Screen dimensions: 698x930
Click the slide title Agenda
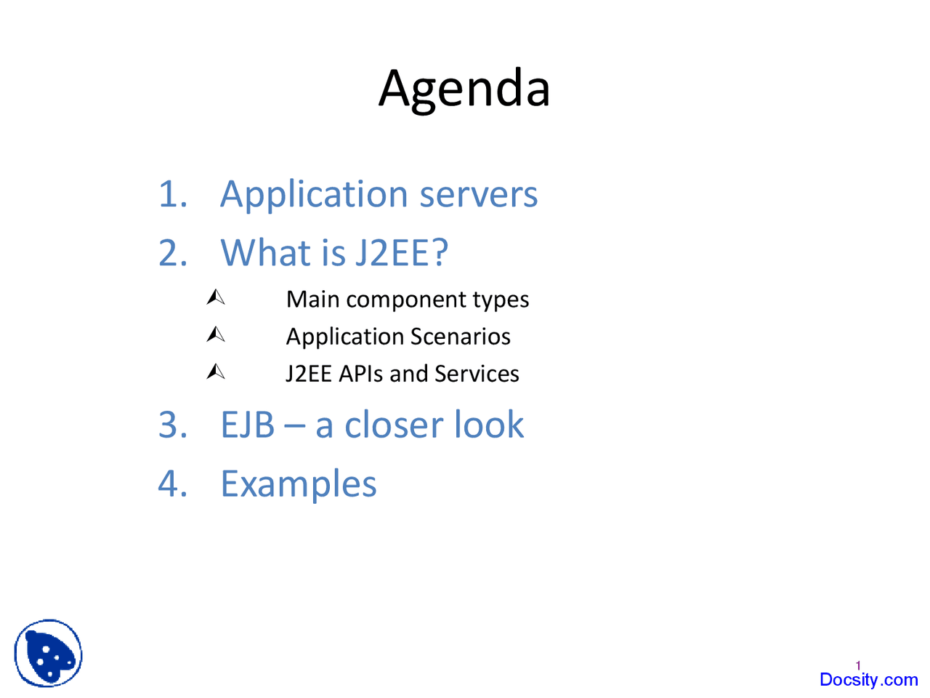[464, 89]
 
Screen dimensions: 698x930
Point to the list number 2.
[172, 253]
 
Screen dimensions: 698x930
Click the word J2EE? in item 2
[401, 253]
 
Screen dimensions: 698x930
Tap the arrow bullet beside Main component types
[216, 297]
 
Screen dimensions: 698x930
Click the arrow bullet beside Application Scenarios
[216, 334]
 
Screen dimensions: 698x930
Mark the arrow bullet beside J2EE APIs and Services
[216, 372]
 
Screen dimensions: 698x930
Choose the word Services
[477, 374]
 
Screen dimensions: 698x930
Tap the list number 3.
[172, 425]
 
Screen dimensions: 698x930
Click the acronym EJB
[247, 425]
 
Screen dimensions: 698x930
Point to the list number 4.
[172, 484]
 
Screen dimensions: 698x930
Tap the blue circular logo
[48, 653]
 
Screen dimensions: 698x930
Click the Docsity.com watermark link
[868, 680]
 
